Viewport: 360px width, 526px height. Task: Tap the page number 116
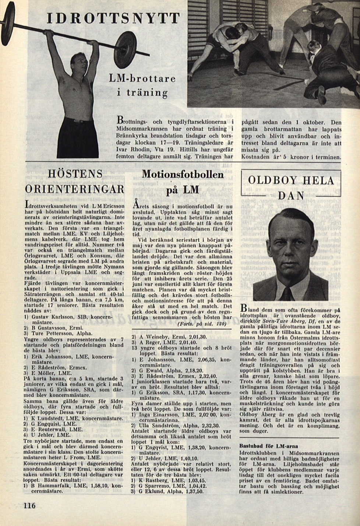coord(30,505)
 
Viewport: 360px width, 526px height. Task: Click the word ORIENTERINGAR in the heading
coord(75,189)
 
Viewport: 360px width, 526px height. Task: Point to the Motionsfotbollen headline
coord(183,174)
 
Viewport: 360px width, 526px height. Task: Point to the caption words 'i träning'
coord(142,92)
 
